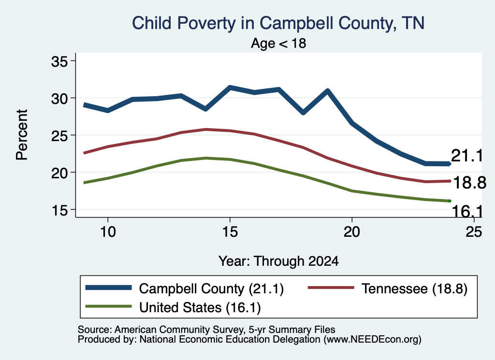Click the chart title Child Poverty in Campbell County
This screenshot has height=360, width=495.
[278, 23]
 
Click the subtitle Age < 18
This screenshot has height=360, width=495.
[278, 43]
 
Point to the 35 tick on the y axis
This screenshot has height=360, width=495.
[59, 61]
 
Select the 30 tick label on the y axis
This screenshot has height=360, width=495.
[59, 99]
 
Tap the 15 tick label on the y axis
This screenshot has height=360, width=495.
[59, 210]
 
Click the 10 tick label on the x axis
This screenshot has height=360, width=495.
[108, 232]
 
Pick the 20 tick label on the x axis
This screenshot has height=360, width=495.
[352, 232]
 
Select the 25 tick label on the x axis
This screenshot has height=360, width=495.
[474, 232]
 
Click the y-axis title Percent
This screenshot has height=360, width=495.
[22, 135]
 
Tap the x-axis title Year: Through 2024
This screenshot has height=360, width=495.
[278, 261]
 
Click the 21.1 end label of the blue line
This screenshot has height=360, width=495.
[467, 156]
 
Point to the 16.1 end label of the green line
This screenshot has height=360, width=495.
[467, 211]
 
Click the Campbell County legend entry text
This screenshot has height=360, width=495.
[211, 288]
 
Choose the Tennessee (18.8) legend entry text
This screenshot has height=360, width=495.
[414, 288]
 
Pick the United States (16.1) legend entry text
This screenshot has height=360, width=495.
[200, 307]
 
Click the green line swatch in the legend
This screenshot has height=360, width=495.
[109, 306]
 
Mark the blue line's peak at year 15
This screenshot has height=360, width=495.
[230, 87]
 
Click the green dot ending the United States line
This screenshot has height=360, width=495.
[450, 201]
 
